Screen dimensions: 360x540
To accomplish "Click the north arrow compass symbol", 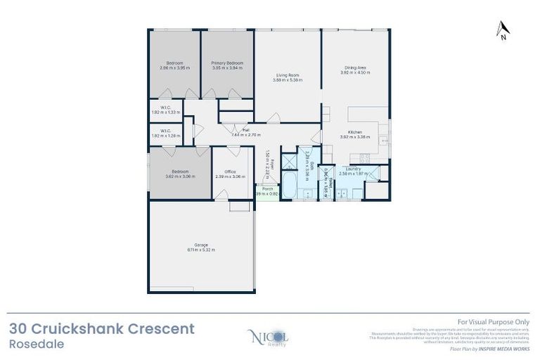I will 503,30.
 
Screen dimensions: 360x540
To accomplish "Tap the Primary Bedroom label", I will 227,65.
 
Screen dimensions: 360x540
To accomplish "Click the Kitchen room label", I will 354,136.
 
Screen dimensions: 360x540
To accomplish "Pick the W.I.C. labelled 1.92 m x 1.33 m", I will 165,110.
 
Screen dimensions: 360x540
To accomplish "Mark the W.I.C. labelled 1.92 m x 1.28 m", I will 165,133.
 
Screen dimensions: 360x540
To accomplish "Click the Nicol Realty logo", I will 268,337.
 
